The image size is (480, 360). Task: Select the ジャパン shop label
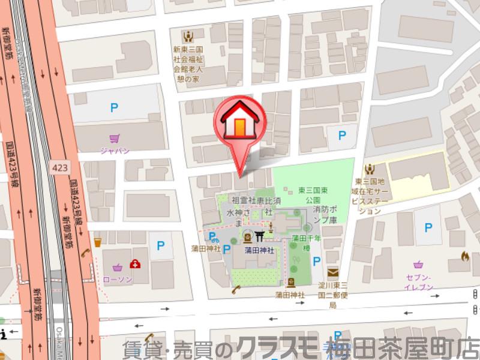click(x=115, y=151)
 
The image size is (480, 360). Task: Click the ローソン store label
click(x=117, y=279)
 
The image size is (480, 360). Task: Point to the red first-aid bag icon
click(x=136, y=264)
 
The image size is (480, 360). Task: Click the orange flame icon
click(x=464, y=256)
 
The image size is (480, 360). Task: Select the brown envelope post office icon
click(x=332, y=274)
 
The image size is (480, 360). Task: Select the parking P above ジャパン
click(x=114, y=109)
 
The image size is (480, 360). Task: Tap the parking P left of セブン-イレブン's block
click(x=428, y=228)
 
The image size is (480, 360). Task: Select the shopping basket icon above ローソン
click(x=118, y=266)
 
